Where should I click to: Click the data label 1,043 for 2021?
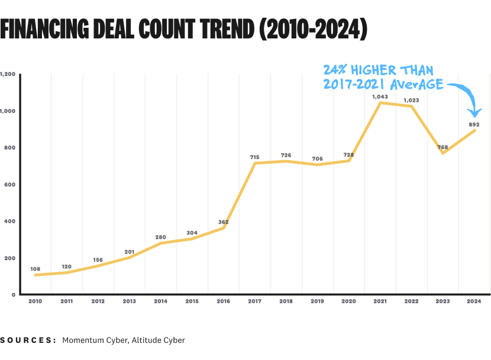click(380, 96)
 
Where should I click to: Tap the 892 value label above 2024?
click(474, 125)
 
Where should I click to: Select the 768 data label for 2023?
click(442, 147)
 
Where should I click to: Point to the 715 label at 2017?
click(255, 157)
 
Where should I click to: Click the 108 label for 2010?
click(35, 269)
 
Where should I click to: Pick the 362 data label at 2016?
click(223, 222)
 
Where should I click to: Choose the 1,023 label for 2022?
click(411, 100)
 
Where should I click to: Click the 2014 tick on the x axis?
click(160, 301)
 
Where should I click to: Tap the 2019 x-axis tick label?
click(317, 301)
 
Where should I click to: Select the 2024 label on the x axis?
click(473, 301)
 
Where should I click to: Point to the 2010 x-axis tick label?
click(35, 301)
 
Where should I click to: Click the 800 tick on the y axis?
click(8, 148)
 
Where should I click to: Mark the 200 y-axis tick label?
click(8, 258)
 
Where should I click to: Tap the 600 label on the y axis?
click(8, 184)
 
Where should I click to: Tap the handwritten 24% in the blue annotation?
click(336, 70)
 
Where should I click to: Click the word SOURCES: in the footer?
click(28, 340)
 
